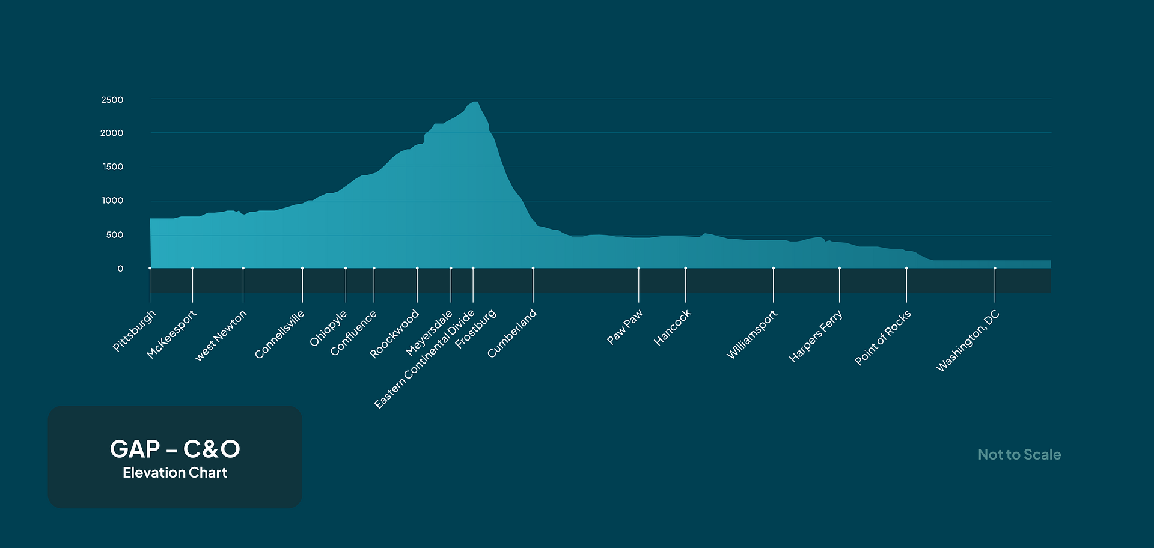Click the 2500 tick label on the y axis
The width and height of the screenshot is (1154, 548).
[x=112, y=100]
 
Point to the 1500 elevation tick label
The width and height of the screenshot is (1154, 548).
[x=112, y=167]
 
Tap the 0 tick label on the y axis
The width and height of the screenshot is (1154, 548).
[x=120, y=269]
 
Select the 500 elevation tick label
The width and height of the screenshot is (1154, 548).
[x=114, y=235]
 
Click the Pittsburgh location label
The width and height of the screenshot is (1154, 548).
[x=134, y=330]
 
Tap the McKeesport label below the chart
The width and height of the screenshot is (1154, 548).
[x=171, y=334]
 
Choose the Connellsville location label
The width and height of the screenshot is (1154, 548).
[x=279, y=335]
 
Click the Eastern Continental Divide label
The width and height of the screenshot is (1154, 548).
[x=424, y=359]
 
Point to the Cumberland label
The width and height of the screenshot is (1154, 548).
[x=511, y=333]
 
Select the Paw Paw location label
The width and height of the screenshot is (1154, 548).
[x=624, y=327]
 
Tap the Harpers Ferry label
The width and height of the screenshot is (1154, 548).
[x=816, y=336]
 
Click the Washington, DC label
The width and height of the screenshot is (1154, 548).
[x=968, y=341]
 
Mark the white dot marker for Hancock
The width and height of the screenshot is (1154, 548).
[x=685, y=268]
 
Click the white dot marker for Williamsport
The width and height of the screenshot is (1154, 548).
[x=773, y=268]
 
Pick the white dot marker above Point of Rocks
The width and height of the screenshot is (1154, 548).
[x=906, y=268]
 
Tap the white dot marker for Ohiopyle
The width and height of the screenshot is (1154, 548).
[x=346, y=268]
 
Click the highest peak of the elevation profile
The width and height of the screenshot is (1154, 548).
[x=475, y=102]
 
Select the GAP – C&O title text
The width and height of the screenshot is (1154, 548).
[x=175, y=449]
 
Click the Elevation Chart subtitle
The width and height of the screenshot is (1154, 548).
[x=175, y=473]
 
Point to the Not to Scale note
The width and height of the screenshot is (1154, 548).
[x=1019, y=455]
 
